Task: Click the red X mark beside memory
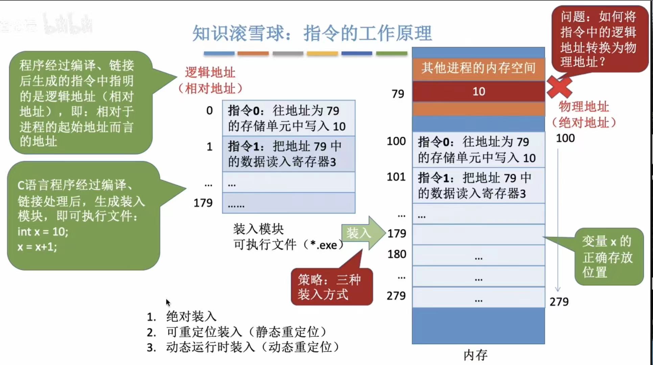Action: (x=559, y=87)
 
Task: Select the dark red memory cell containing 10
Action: (x=478, y=91)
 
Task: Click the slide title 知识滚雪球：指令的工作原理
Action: (x=312, y=33)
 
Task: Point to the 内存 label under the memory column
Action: (x=475, y=355)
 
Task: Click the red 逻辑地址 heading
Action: (x=210, y=73)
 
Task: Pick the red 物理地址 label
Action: (x=583, y=107)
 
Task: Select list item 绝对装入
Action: (x=191, y=317)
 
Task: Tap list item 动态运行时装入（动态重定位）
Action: (x=252, y=347)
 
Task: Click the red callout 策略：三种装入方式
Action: (x=331, y=287)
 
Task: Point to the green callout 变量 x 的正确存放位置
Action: (x=608, y=257)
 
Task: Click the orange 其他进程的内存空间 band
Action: (x=478, y=68)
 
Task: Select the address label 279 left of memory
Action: (x=396, y=296)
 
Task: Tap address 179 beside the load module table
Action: (x=203, y=203)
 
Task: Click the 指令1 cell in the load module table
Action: (x=288, y=154)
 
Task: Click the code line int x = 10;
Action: (x=43, y=232)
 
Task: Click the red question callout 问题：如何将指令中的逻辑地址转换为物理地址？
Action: (x=598, y=39)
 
